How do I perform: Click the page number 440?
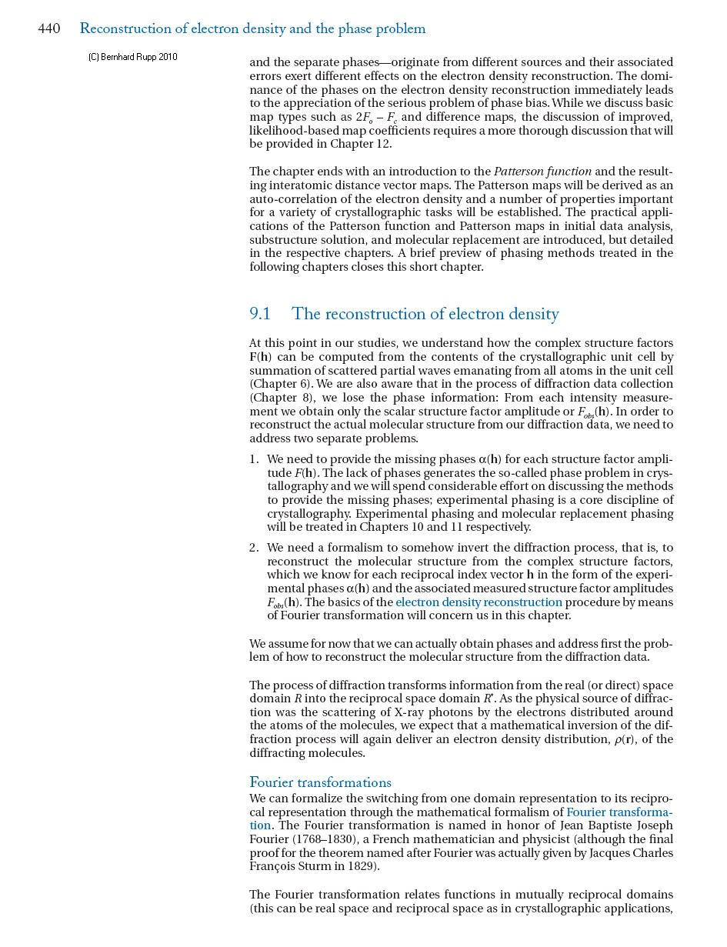pos(49,29)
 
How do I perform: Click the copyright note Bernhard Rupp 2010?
pos(132,57)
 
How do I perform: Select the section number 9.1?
pos(260,314)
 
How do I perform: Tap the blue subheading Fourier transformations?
pos(320,782)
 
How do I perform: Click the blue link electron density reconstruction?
pos(479,602)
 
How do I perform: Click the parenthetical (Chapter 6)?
pos(280,384)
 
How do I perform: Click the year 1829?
pos(361,866)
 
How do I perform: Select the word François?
pos(272,866)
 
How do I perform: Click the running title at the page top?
pos(252,29)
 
